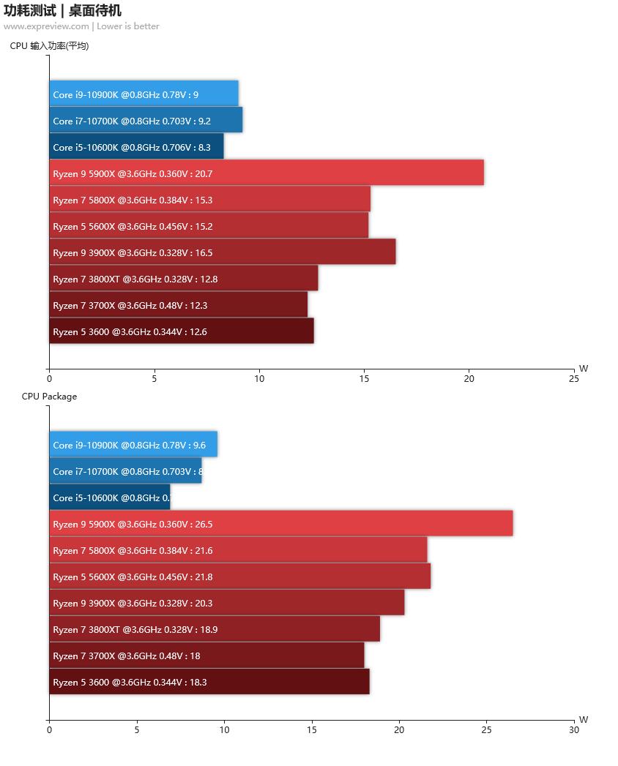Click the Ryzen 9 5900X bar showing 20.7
[267, 173]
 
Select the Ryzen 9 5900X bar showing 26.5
[281, 524]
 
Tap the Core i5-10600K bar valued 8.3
[137, 147]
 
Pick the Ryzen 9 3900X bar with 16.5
[223, 252]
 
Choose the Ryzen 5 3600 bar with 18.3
[209, 682]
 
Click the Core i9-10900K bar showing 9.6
[133, 445]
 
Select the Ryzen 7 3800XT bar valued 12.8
[184, 279]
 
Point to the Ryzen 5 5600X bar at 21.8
[240, 577]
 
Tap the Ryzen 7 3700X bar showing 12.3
[179, 305]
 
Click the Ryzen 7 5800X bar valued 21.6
[238, 550]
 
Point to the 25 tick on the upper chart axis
[573, 379]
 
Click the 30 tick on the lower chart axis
[573, 729]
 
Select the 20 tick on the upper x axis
[469, 379]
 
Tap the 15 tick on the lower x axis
[311, 729]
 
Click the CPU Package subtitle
[49, 397]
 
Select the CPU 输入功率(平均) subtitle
[49, 46]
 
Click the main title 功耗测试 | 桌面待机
[62, 10]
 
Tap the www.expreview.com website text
[46, 26]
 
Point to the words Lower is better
[128, 26]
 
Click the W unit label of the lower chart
[584, 719]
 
